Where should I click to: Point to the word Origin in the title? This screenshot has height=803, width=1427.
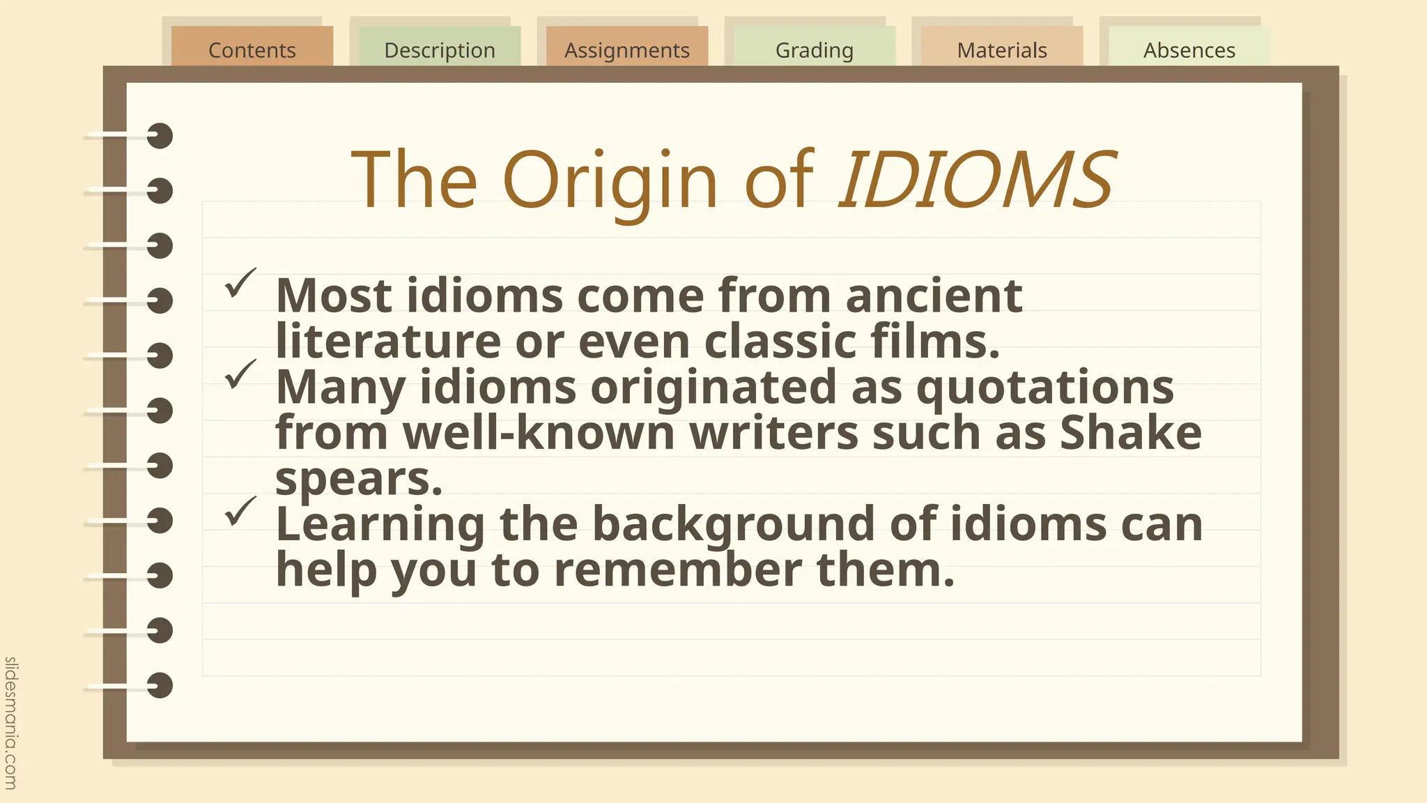[610, 181]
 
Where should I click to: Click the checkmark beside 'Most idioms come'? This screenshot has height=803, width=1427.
[240, 283]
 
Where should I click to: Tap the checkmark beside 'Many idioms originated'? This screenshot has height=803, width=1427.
[240, 374]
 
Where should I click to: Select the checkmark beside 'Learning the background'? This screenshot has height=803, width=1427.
[240, 511]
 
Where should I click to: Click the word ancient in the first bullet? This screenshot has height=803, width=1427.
[934, 296]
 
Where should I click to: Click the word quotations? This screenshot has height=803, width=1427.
[1044, 388]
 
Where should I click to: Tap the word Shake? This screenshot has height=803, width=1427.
[1130, 433]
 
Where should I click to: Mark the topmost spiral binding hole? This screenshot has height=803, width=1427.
[160, 136]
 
